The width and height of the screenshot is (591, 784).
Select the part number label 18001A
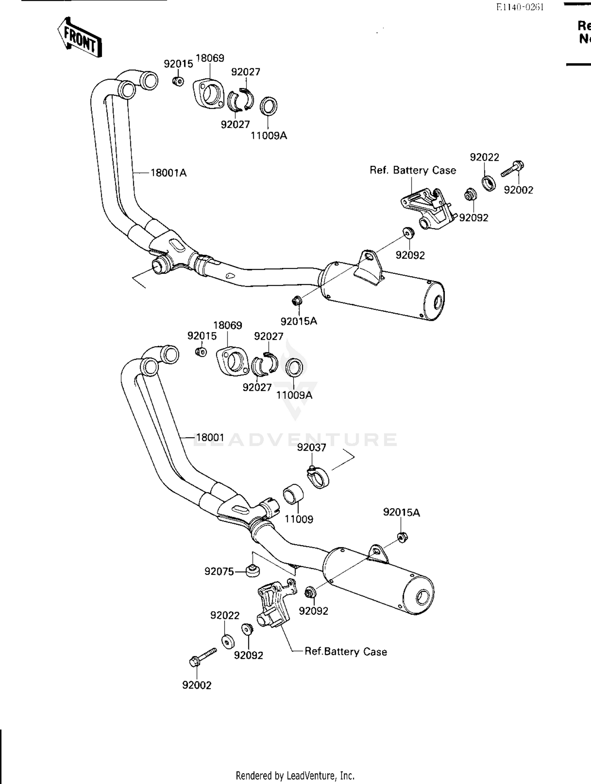[x=168, y=173]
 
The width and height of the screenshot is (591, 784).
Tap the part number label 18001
[x=210, y=437]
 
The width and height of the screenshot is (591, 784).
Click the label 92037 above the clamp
[x=312, y=447]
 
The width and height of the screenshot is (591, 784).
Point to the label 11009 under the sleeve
[x=299, y=519]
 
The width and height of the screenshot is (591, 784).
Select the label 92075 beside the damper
[x=219, y=571]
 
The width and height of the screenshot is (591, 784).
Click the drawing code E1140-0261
[x=520, y=7]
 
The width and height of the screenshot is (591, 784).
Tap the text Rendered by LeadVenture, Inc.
[x=295, y=776]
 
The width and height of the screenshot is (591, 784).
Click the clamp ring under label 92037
[x=318, y=477]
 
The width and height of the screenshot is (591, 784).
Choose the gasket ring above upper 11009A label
[x=269, y=106]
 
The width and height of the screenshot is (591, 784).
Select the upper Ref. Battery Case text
[x=413, y=170]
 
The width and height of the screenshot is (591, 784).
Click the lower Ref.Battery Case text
[x=346, y=651]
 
